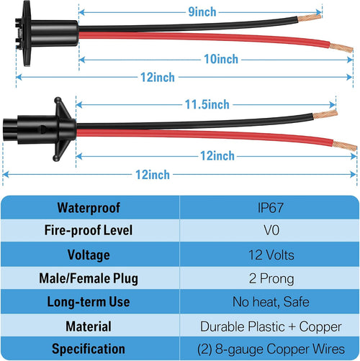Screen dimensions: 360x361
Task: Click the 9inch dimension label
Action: tap(202, 12)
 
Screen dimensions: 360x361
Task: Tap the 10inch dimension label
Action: tap(221, 59)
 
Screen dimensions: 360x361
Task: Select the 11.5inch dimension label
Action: tap(207, 104)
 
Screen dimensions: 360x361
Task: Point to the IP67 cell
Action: tap(271, 208)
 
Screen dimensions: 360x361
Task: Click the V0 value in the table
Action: tap(271, 230)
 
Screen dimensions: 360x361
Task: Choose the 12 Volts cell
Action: tap(271, 255)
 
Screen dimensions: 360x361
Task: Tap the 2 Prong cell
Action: tap(271, 278)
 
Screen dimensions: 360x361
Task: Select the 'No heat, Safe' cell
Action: tap(271, 301)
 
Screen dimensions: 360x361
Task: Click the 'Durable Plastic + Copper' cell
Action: tap(271, 326)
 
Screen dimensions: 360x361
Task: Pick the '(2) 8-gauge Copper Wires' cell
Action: tap(271, 349)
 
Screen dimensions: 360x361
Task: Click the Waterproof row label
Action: tap(89, 208)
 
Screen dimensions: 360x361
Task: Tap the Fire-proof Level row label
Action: tap(89, 230)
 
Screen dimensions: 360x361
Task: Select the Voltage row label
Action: tap(89, 255)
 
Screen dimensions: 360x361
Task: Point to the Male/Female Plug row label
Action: tap(89, 278)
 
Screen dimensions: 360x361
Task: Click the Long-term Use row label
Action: tap(89, 301)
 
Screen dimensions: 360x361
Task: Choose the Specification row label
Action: tap(89, 349)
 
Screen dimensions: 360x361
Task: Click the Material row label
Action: tap(89, 326)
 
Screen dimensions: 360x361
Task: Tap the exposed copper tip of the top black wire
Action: tap(309, 18)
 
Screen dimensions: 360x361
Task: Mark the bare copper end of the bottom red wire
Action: tap(344, 145)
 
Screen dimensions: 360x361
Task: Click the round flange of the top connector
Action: tap(26, 34)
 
